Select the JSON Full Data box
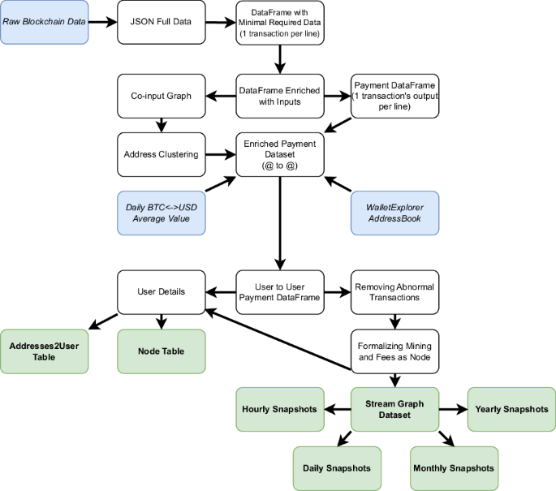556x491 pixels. pos(160,21)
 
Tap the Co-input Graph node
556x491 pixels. pos(160,96)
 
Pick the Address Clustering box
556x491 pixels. pos(160,153)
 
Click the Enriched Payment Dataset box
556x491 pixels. pos(280,153)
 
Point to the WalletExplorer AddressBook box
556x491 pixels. pos(394,213)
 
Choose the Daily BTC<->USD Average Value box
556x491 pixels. pos(160,213)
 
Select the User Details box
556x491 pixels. pos(160,292)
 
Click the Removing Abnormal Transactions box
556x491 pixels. pos(394,292)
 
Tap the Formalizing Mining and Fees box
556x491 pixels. pos(394,351)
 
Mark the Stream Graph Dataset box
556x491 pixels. pos(394,409)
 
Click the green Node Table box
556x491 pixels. pos(160,351)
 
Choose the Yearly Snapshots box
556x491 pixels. pos(511,409)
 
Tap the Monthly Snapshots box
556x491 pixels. pos(453,468)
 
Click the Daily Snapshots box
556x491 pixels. pos(336,468)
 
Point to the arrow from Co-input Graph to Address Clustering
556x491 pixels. pos(160,125)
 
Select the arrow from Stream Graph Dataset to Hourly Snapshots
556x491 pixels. pos(336,409)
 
